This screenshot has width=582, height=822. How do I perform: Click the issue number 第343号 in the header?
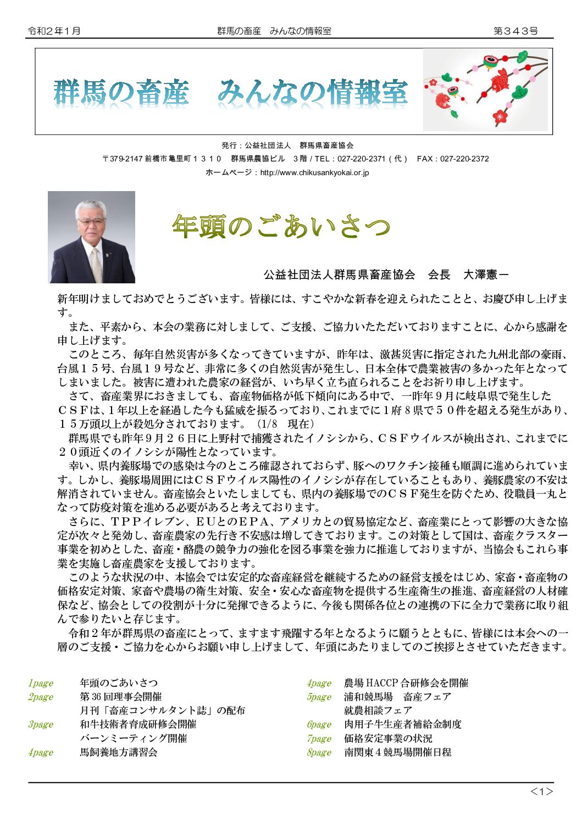515,31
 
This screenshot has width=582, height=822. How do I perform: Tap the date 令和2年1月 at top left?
54,31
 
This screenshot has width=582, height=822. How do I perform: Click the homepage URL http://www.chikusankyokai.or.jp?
314,172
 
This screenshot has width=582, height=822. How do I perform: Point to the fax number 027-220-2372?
464,159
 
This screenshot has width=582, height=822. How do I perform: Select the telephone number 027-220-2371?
361,159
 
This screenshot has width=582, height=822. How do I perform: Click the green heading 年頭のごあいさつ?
281,226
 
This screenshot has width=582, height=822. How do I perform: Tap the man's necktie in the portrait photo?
97,265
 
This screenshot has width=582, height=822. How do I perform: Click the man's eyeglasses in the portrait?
91,221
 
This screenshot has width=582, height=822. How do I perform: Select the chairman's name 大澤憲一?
486,274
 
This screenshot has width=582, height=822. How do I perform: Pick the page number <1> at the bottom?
541,791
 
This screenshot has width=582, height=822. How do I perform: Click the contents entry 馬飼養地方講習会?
119,752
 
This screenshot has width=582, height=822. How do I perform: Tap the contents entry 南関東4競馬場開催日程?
397,752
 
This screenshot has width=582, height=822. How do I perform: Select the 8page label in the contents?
319,752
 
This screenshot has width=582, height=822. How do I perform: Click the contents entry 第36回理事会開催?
121,697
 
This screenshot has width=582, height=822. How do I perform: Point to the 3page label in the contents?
41,724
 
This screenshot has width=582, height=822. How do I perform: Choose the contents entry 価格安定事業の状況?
388,739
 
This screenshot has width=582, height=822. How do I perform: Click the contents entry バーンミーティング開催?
134,739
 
